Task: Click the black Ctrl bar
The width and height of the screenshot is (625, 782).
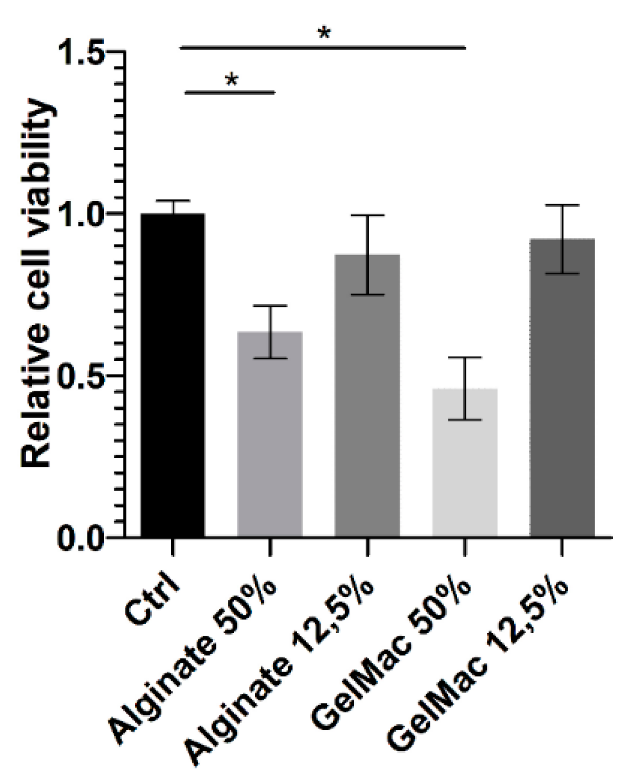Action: (x=173, y=375)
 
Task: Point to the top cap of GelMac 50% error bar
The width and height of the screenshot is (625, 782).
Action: (x=465, y=358)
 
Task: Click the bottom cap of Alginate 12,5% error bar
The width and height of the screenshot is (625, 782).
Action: (x=367, y=295)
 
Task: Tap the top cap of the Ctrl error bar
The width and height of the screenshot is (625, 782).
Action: (x=173, y=201)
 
